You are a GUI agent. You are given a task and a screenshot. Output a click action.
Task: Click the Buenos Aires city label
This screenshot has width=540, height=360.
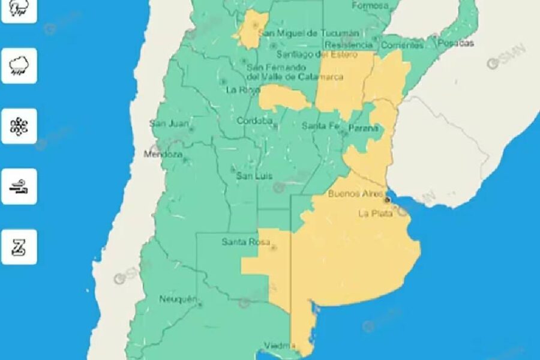[x=356, y=194]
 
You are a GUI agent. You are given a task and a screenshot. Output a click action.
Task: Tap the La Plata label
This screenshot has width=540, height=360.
[x=376, y=213]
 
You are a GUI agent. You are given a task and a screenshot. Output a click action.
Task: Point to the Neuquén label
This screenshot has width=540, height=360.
[x=178, y=299]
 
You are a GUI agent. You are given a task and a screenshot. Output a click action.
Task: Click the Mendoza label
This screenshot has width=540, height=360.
[x=163, y=155]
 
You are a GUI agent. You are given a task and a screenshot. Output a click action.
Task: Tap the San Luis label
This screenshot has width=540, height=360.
[x=254, y=176]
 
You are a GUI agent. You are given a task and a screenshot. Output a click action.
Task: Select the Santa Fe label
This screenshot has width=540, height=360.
[x=320, y=125]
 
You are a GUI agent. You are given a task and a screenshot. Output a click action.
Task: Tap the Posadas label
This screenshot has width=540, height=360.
[x=456, y=43]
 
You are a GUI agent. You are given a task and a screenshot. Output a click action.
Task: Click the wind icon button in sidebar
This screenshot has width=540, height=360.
[x=19, y=187]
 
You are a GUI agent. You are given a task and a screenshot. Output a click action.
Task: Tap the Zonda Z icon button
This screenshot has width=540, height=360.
[x=19, y=247]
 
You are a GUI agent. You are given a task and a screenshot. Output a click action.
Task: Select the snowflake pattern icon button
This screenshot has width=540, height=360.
[x=19, y=126]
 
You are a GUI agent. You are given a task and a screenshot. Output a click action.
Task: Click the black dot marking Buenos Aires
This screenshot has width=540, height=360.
[x=388, y=199]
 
